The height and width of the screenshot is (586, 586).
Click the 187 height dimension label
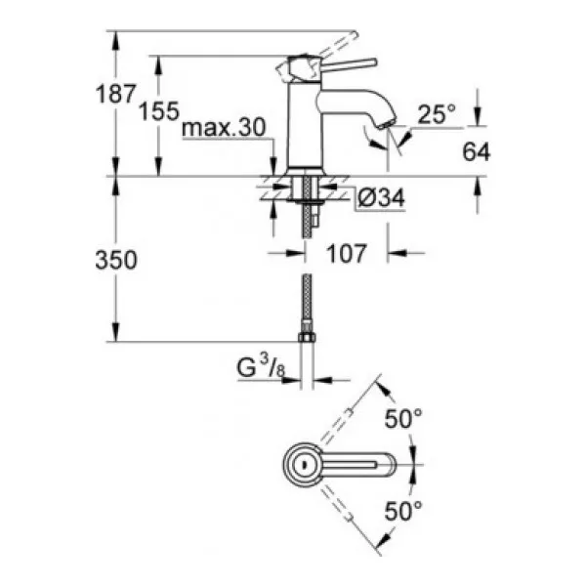115,94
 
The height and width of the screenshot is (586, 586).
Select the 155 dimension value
159,111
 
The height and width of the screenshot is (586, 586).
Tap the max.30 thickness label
224,127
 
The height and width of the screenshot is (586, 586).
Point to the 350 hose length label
116,260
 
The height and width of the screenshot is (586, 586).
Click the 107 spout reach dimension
347,253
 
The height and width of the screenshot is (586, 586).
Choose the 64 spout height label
477,151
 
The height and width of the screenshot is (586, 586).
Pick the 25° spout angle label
437,113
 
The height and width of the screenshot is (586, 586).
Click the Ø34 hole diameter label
381,197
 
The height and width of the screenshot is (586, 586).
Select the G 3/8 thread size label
261,366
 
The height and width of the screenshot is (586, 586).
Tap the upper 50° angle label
403,418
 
